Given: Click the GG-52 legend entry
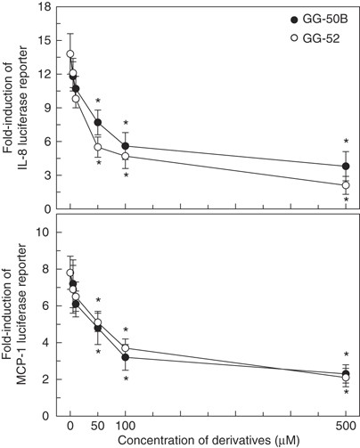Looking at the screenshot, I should point(319,37).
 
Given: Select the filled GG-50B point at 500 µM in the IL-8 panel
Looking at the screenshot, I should point(346,167).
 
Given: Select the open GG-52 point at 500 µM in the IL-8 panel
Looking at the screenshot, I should point(346,185).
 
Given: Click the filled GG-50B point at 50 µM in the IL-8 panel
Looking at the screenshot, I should point(98,122).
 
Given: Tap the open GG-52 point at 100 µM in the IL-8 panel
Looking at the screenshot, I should point(126,156).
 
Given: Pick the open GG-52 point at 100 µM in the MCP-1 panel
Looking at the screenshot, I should point(126,348).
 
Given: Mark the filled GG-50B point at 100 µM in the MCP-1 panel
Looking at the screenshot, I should point(126,357).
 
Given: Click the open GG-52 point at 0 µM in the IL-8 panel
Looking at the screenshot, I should point(70,54).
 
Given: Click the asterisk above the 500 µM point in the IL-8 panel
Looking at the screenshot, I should point(346,142).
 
